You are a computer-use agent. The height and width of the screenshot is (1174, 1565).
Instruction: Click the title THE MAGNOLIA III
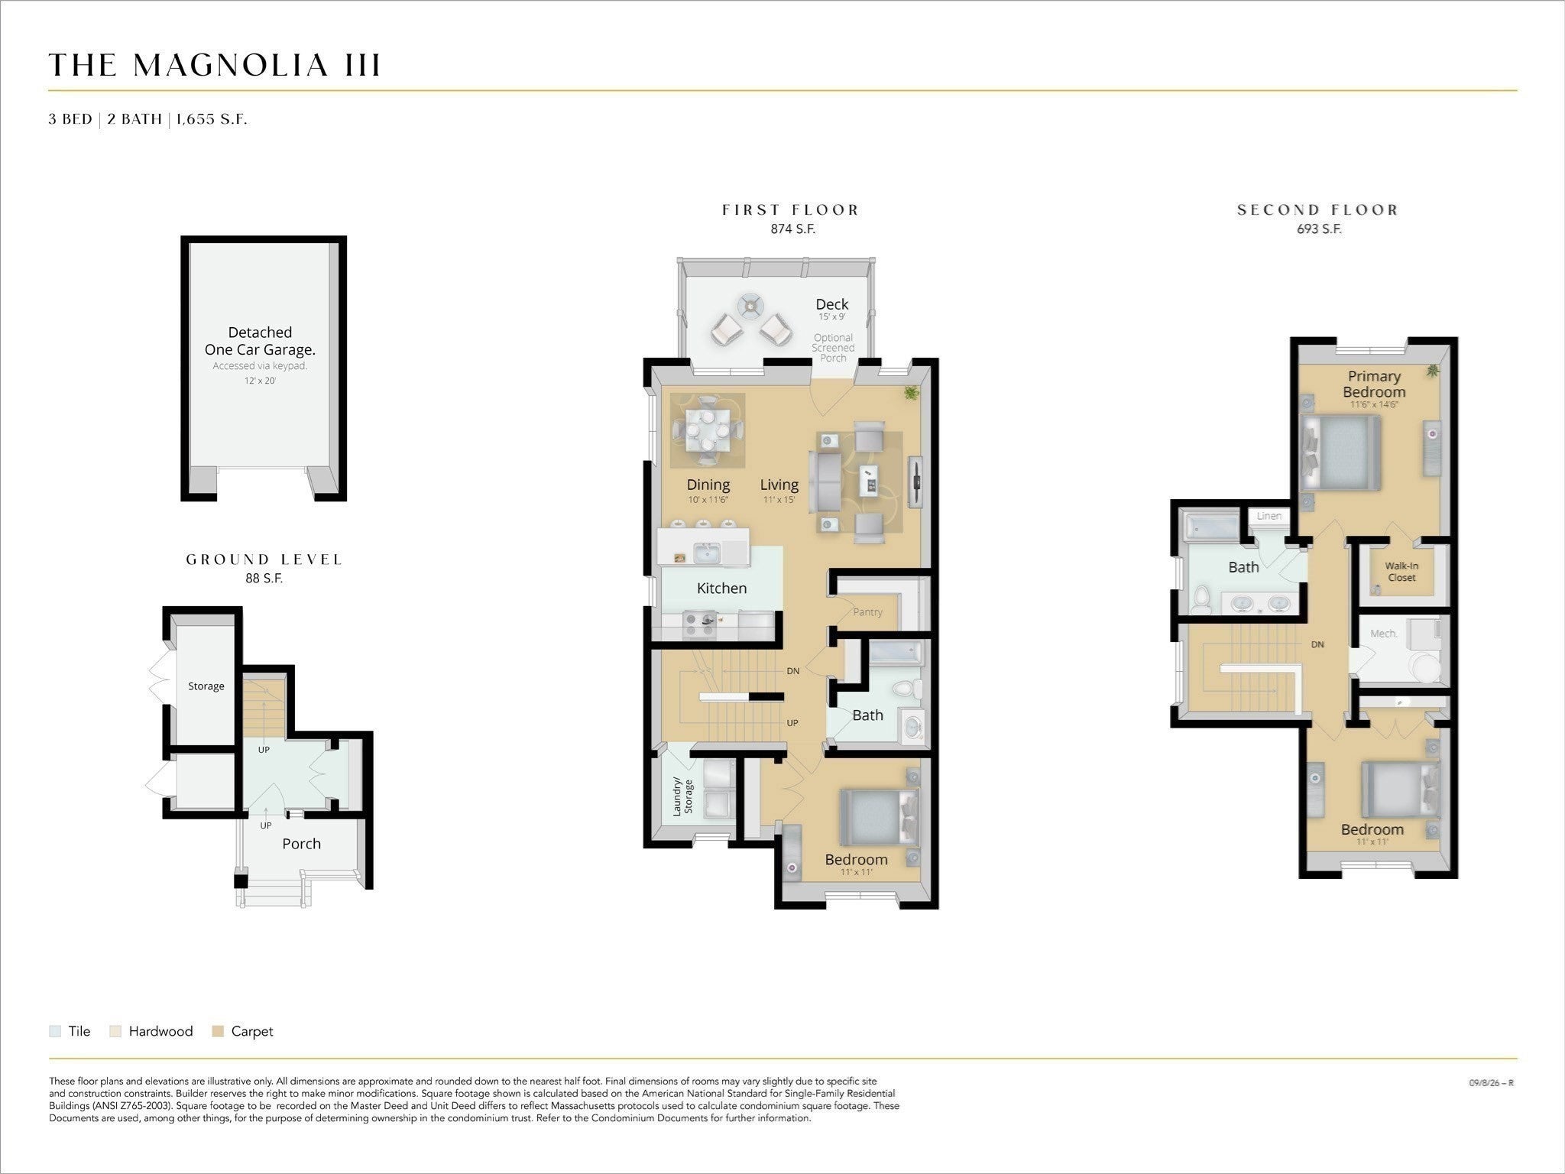click(x=215, y=66)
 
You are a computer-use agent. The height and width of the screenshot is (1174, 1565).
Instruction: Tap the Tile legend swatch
click(x=55, y=1031)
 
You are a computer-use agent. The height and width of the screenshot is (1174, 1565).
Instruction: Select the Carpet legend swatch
click(x=218, y=1031)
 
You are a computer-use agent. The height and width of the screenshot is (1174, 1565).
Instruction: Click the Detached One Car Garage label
click(x=260, y=341)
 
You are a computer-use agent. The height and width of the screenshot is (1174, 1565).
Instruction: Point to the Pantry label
click(x=867, y=611)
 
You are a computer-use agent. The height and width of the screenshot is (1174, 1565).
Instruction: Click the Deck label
click(x=831, y=304)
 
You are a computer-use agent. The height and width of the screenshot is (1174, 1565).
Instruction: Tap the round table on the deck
click(x=750, y=306)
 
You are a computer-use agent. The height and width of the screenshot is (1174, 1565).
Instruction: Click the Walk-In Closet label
click(x=1401, y=572)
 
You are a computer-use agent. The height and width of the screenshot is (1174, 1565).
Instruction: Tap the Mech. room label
click(x=1383, y=634)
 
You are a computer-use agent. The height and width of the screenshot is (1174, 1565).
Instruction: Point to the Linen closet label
click(x=1269, y=516)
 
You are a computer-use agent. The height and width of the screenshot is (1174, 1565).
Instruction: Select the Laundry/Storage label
click(x=682, y=796)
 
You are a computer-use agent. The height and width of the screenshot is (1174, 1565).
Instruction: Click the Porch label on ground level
click(x=301, y=844)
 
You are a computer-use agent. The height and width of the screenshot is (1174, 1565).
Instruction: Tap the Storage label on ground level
click(x=206, y=686)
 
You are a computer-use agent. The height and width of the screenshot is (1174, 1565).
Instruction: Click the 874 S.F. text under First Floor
click(x=792, y=229)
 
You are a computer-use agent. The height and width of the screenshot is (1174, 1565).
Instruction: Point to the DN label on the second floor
click(x=1317, y=644)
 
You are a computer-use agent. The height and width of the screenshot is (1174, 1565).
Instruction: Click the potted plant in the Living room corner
click(x=910, y=393)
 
